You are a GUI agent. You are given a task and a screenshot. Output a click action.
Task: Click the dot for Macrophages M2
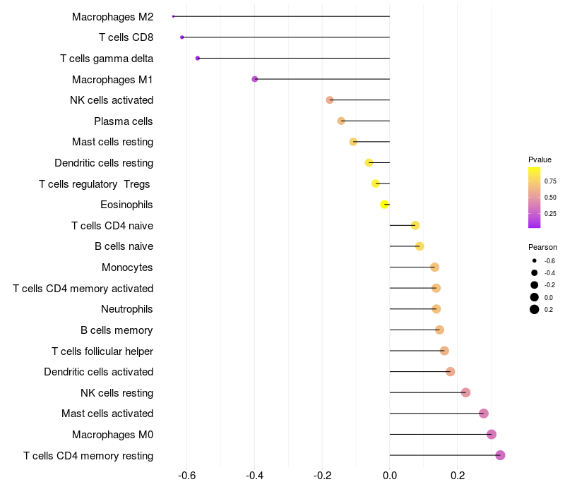[x=174, y=16]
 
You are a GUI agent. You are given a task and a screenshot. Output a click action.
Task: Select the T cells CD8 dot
[x=182, y=37]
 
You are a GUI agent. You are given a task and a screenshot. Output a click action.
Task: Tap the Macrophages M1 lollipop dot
[x=255, y=79]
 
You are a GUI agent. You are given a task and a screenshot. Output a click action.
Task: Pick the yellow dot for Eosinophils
[x=385, y=205]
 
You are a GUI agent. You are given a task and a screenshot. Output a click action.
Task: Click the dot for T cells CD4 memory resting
[x=501, y=455]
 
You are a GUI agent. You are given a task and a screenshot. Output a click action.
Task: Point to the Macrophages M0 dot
[x=492, y=434]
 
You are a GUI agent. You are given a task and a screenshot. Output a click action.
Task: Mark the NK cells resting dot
[x=465, y=392]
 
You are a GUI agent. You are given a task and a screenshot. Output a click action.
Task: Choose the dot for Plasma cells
[x=341, y=121]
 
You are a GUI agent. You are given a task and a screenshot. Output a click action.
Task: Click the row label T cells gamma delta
[x=107, y=59]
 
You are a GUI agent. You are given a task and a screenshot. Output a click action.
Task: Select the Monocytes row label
[x=127, y=267]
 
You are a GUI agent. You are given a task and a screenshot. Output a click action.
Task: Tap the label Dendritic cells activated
[x=98, y=372]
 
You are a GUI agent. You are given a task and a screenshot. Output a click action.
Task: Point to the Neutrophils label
[x=127, y=309]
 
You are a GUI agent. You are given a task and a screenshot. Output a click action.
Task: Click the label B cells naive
[x=124, y=246]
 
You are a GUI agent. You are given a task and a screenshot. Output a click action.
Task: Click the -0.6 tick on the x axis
[x=187, y=476]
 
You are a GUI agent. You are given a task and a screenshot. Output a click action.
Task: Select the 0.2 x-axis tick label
[x=458, y=476]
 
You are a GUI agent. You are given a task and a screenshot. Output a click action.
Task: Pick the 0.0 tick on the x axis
[x=390, y=476]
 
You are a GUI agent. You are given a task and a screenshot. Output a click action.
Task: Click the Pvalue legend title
[x=540, y=159]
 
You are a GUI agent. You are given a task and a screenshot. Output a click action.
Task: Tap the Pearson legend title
[x=542, y=247]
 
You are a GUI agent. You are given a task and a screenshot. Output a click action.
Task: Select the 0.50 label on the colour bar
[x=550, y=198]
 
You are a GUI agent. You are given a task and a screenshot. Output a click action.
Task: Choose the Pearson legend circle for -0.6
[x=535, y=261]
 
